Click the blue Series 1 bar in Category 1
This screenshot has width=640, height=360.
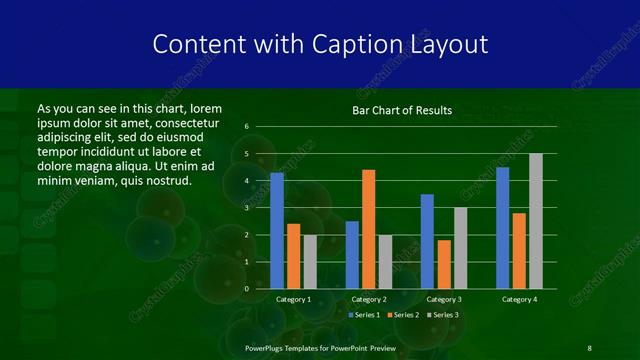277,231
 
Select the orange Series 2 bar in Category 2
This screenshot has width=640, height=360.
369,229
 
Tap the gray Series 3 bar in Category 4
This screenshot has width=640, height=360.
536,221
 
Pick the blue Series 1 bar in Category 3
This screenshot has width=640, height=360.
427,241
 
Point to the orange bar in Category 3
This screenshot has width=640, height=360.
444,264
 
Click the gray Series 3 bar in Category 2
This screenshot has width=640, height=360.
386,261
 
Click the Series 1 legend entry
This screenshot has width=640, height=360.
363,315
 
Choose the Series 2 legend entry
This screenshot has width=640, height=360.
402,315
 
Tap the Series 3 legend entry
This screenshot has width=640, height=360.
441,315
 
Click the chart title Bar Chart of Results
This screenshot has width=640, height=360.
401,110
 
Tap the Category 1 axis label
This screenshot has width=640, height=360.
294,300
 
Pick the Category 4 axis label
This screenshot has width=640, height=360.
519,300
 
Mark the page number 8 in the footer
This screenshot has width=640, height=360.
589,347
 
